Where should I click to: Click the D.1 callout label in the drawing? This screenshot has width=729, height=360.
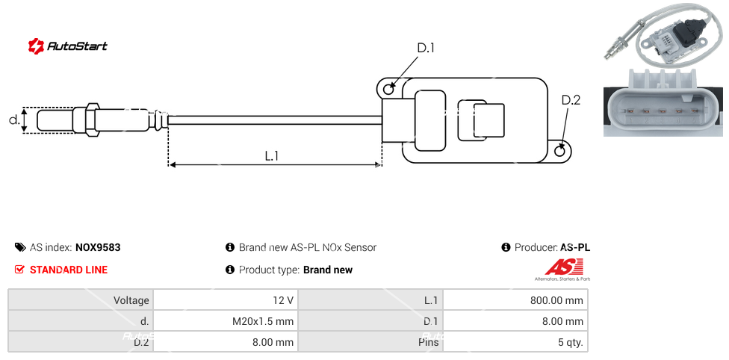tap(426, 48)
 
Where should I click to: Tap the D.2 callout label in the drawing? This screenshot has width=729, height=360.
tap(571, 100)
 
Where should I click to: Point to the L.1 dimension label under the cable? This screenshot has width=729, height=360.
tap(272, 155)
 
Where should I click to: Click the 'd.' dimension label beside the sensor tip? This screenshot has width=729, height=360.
tap(13, 120)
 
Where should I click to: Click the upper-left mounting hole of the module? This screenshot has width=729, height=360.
tap(388, 89)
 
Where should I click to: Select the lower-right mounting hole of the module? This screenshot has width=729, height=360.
tap(561, 151)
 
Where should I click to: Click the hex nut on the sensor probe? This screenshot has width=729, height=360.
tap(92, 120)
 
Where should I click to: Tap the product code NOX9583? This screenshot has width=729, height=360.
tap(98, 247)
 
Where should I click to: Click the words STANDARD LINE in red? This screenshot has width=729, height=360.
tap(69, 270)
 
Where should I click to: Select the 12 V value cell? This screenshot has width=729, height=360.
tap(225, 300)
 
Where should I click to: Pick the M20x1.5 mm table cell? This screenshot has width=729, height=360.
tap(225, 321)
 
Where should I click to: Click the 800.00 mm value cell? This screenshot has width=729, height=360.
tap(515, 300)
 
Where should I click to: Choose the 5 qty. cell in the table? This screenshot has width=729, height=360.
tap(515, 343)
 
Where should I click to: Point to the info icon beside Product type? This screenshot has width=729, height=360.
tap(230, 270)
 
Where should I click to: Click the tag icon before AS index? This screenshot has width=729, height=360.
tap(20, 247)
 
